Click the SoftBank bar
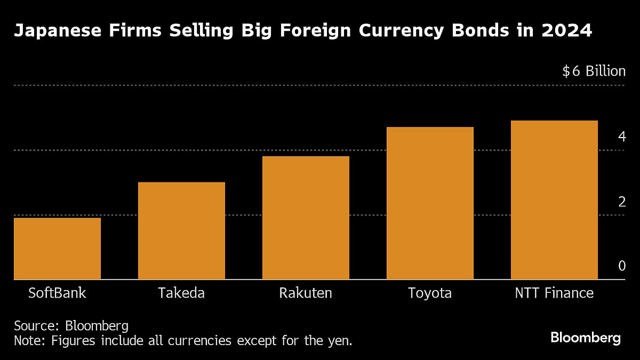[x=57, y=249]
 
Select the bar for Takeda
[x=181, y=230]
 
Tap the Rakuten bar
[x=306, y=218]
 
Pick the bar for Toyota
[x=430, y=203]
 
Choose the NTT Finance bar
[x=554, y=199]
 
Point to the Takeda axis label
[x=181, y=293]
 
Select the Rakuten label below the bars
[x=306, y=293]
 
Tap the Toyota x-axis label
[x=430, y=293]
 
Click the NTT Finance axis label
[x=554, y=293]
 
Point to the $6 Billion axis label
[x=594, y=71]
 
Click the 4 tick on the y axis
[x=621, y=137]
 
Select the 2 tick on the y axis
[x=621, y=202]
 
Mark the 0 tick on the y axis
[x=621, y=266]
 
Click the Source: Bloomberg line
[x=71, y=326]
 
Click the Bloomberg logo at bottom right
[x=586, y=338]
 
